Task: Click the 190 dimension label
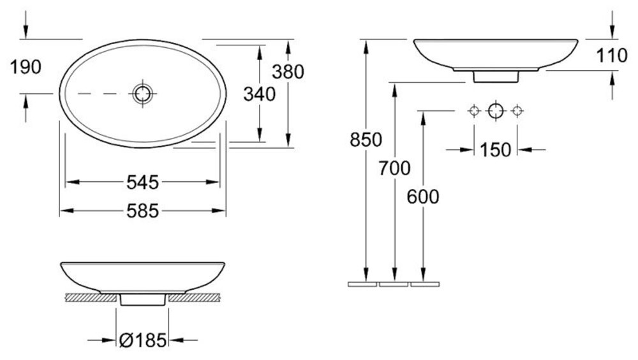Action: pos(26,67)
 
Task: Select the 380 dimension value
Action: pos(288,72)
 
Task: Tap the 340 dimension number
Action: pos(259,94)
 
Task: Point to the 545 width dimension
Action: pos(142,182)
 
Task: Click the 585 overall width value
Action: pos(142,211)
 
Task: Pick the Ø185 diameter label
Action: pos(143,340)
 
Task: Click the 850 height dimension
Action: pos(366,140)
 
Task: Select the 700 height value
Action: pos(394,168)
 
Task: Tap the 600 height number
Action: pos(423,197)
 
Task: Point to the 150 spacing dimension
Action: pos(495,150)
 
